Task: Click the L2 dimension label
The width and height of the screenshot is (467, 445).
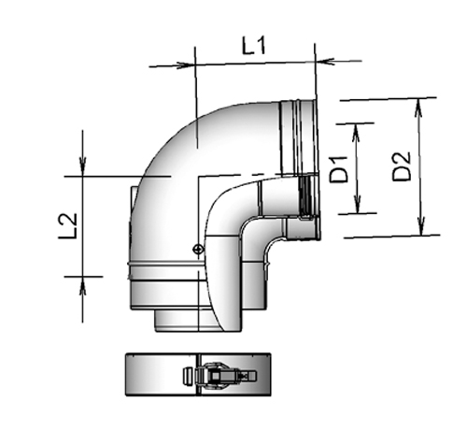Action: [x=67, y=225]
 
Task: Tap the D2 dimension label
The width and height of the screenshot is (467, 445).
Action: [x=401, y=166]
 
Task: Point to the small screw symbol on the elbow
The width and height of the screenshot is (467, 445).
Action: [x=197, y=249]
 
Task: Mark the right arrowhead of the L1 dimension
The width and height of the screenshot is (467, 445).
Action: [x=322, y=62]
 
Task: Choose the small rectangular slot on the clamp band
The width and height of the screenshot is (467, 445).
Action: [x=185, y=377]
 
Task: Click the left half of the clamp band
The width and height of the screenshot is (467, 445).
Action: [x=154, y=376]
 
